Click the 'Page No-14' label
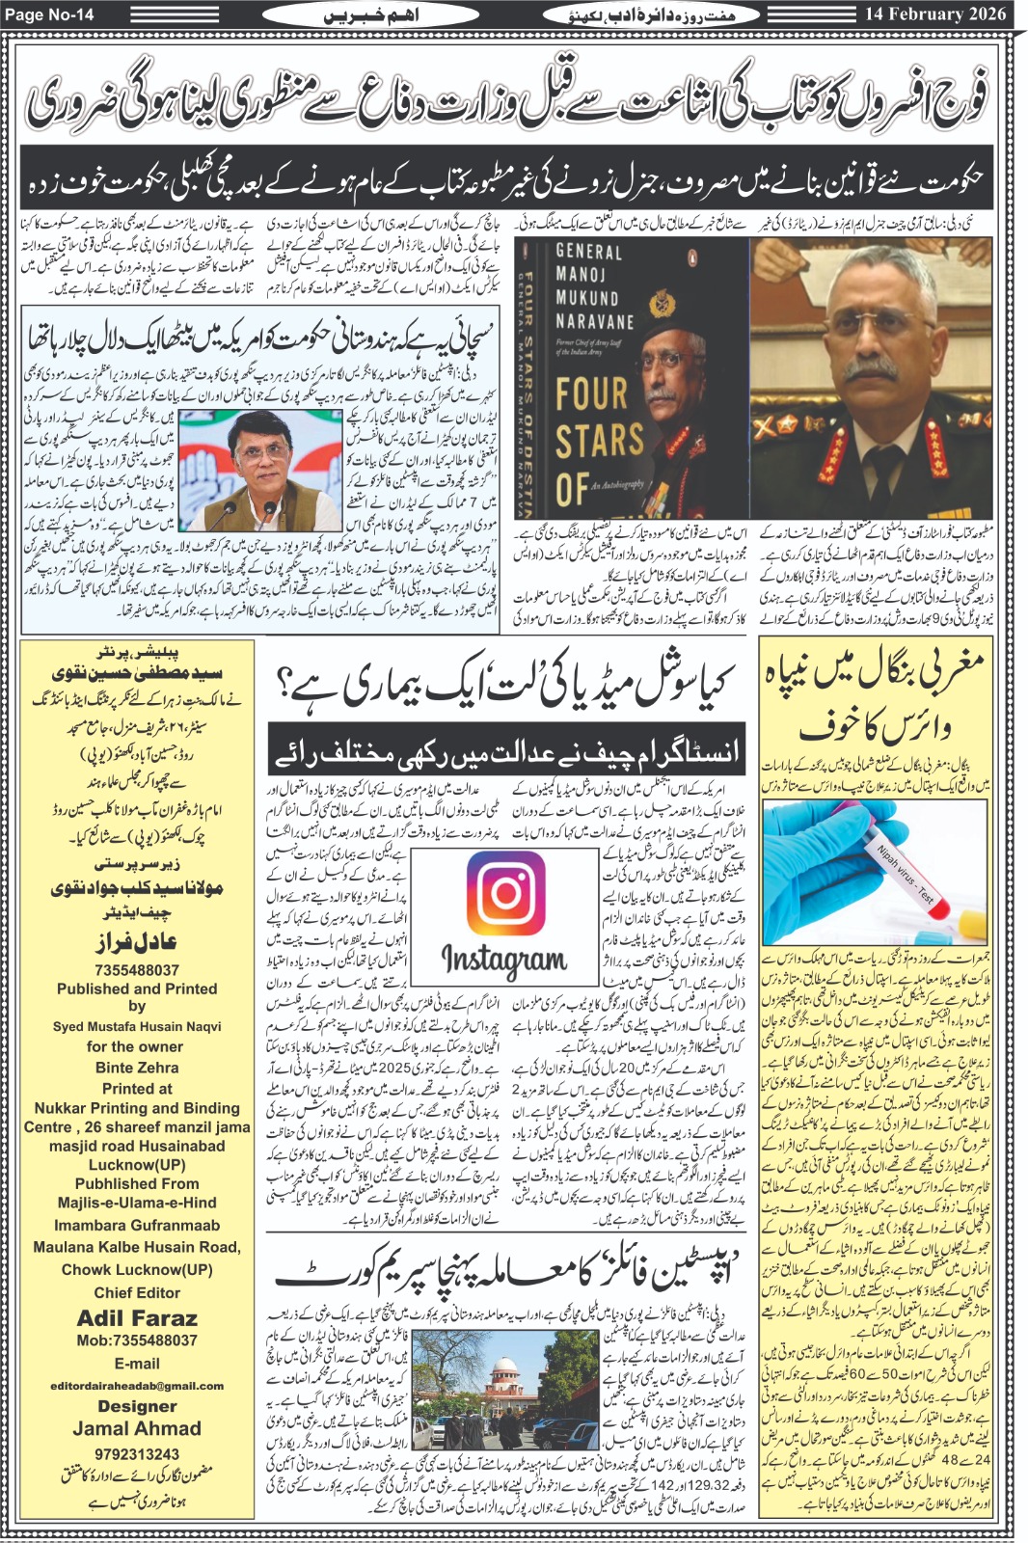(49, 14)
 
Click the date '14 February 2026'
(934, 14)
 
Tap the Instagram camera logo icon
(504, 892)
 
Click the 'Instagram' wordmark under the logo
(503, 959)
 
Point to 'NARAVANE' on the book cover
(594, 321)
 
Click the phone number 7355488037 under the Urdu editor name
(137, 969)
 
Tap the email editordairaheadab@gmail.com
(137, 1385)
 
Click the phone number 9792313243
(137, 1453)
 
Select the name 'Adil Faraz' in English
(137, 1317)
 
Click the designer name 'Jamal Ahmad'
(137, 1428)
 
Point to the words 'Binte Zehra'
(137, 1068)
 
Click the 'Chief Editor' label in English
(137, 1292)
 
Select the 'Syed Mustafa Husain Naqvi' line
(137, 1026)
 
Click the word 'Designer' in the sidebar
(137, 1406)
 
